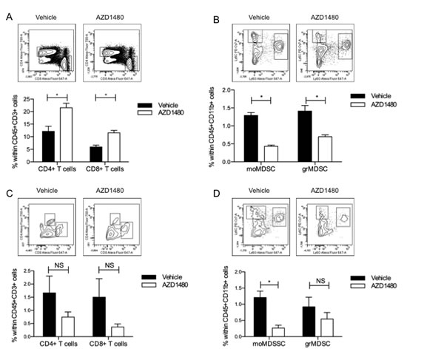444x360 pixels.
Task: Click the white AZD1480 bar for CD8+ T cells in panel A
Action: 114,148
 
